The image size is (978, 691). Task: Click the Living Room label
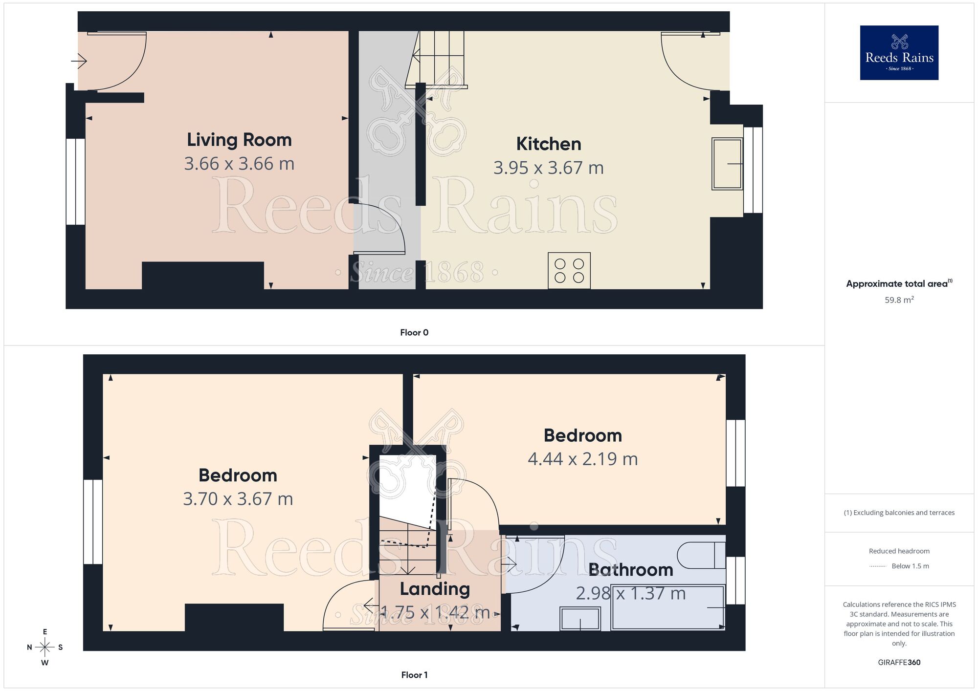(x=239, y=140)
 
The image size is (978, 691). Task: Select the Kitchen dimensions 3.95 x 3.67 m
(x=548, y=168)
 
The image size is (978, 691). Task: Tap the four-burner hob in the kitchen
(x=569, y=271)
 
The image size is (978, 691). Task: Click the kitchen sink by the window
(x=727, y=164)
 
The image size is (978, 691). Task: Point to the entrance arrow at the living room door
(x=79, y=61)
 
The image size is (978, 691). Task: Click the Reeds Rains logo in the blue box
(x=899, y=53)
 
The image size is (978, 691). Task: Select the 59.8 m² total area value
(x=899, y=300)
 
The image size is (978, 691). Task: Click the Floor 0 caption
(x=414, y=333)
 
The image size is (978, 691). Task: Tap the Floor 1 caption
(x=414, y=675)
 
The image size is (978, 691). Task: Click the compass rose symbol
(x=45, y=648)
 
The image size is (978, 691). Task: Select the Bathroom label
(x=630, y=570)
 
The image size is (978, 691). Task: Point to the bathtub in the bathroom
(x=667, y=607)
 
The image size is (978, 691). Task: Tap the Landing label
(x=435, y=589)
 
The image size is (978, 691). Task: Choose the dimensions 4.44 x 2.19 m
(x=582, y=459)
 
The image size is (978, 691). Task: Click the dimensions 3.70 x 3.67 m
(x=238, y=499)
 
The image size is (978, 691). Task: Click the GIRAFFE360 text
(x=899, y=663)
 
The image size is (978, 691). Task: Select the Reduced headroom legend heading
(x=899, y=551)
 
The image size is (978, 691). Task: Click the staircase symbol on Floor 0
(x=437, y=59)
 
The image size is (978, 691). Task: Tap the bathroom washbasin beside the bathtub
(x=580, y=619)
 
